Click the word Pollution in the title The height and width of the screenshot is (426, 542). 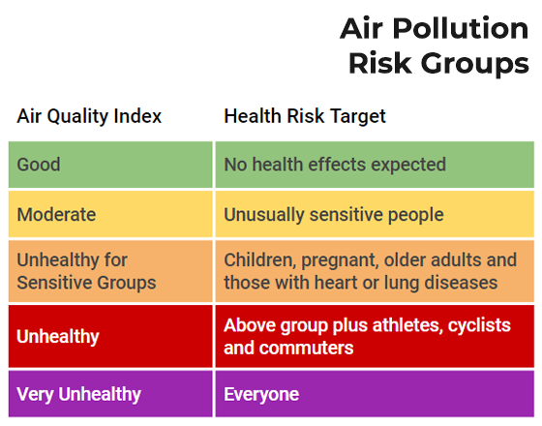(x=460, y=30)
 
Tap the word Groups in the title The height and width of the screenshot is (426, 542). (x=475, y=65)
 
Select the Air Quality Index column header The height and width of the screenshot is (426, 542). (x=89, y=116)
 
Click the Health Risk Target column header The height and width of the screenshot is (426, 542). (x=305, y=116)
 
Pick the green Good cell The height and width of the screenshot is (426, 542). (x=110, y=165)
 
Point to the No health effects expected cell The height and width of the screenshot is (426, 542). (x=375, y=165)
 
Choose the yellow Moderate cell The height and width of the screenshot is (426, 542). (x=110, y=214)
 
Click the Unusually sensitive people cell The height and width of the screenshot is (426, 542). (x=375, y=214)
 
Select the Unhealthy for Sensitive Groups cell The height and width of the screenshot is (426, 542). (x=110, y=271)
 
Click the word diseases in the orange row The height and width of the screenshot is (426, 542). (x=461, y=283)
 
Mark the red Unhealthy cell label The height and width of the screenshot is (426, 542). (x=58, y=337)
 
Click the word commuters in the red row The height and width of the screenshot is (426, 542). (x=306, y=349)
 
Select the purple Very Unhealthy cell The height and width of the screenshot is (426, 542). (x=110, y=394)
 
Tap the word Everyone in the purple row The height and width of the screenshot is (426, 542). (x=261, y=395)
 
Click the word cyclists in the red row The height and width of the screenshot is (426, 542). (x=479, y=325)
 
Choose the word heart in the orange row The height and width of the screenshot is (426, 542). (x=336, y=283)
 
